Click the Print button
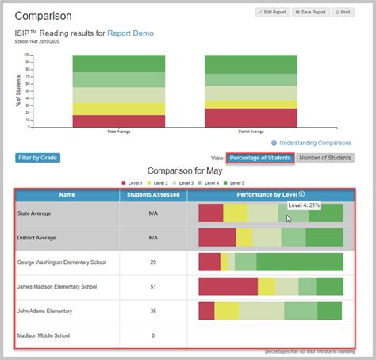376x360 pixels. coord(342,13)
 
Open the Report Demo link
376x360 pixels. coord(132,33)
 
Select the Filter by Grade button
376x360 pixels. coord(37,158)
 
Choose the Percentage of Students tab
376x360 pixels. coord(260,158)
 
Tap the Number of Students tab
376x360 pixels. coord(325,158)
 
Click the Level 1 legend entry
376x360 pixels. coord(132,182)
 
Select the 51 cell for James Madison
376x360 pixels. coord(152,287)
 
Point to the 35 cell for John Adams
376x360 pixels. coord(152,312)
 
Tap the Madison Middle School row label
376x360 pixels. coord(43,336)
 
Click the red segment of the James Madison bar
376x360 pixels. coord(228,287)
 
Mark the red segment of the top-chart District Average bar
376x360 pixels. coord(251,117)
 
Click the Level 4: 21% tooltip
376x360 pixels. coord(304,205)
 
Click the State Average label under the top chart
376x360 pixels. coord(118,132)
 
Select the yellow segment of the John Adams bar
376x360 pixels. coord(227,311)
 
